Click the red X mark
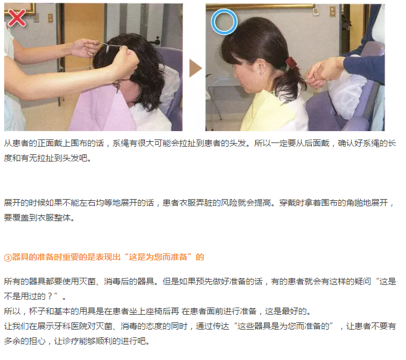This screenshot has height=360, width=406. [x=17, y=18]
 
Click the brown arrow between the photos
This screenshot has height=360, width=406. [x=196, y=69]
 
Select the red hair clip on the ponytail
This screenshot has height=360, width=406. [x=291, y=63]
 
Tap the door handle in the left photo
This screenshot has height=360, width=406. [x=156, y=41]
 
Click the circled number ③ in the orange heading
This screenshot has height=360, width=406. [x=8, y=257]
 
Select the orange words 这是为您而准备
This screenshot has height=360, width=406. [x=158, y=257]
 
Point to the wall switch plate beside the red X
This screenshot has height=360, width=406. [x=50, y=18]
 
